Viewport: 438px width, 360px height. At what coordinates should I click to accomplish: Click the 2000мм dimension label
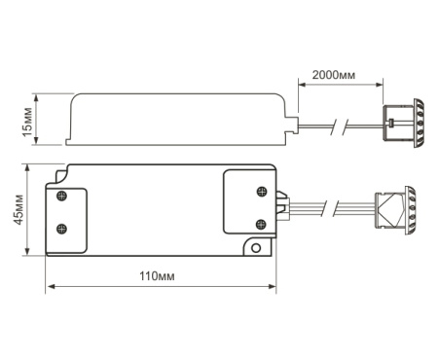click(334, 75)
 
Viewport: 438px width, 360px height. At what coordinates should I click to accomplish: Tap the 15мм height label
click(27, 122)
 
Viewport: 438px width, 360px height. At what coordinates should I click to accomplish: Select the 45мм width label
click(18, 209)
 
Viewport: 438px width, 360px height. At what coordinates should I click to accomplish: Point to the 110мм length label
click(157, 276)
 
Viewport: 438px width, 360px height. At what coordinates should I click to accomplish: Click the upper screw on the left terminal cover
click(61, 196)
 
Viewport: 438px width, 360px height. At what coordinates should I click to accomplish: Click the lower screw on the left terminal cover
click(61, 229)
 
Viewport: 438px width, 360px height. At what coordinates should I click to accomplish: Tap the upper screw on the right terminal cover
click(262, 192)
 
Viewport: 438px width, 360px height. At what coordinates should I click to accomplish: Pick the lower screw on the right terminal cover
click(261, 224)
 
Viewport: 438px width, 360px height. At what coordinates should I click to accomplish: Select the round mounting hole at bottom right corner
click(256, 248)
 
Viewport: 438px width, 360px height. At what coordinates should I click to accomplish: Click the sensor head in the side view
click(404, 124)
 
